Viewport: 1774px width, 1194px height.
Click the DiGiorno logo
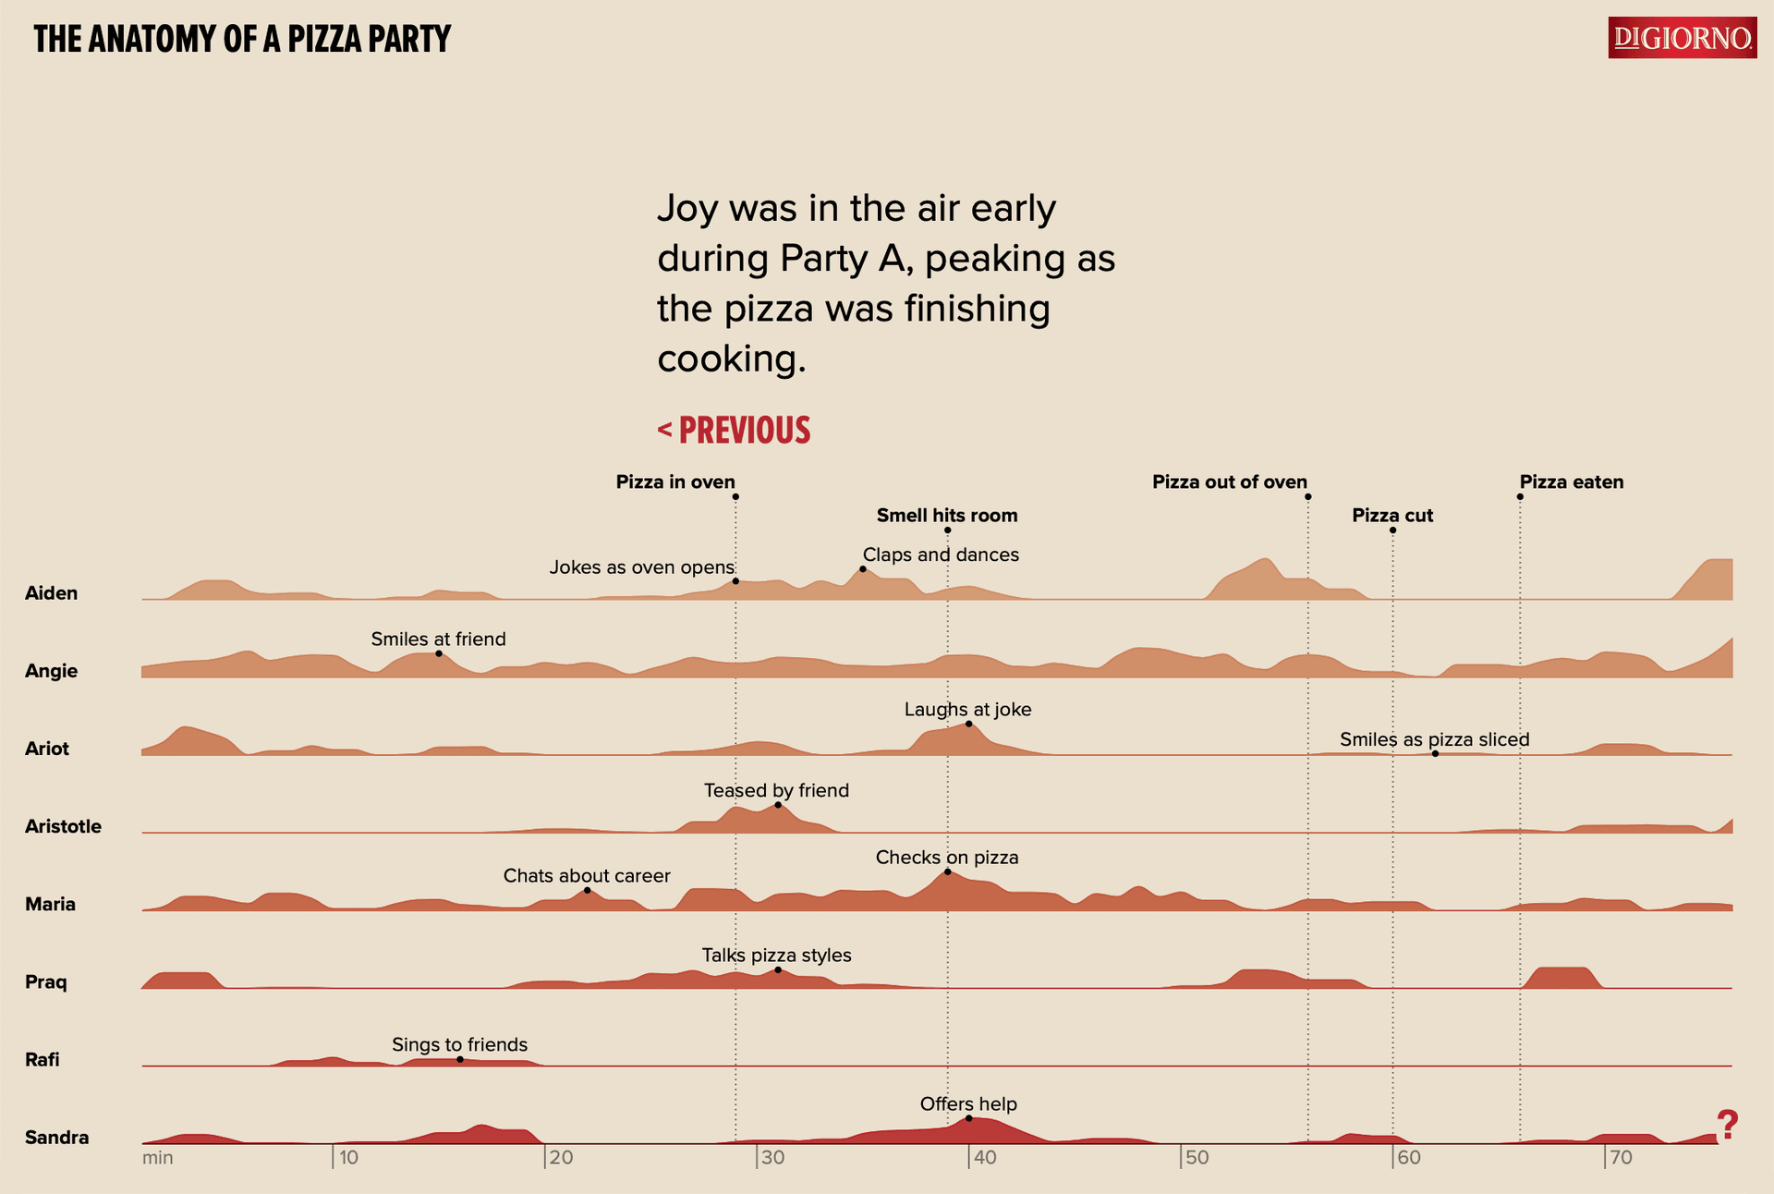[1682, 38]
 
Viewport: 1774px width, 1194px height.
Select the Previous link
[734, 431]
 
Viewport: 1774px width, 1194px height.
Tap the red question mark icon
[1727, 1125]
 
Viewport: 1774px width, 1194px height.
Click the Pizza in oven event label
[675, 481]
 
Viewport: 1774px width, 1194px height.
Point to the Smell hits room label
[947, 515]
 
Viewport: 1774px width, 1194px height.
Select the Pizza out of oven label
[1230, 481]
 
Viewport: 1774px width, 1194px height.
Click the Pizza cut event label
[1392, 515]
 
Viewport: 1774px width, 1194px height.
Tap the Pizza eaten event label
[1572, 481]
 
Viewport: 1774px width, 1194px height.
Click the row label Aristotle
[63, 826]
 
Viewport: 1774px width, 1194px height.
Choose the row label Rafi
[43, 1059]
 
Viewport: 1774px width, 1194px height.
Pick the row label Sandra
[57, 1137]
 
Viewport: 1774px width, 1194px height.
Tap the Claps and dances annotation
[941, 554]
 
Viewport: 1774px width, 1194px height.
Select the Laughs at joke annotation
[967, 709]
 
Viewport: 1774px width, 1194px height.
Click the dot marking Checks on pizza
[947, 871]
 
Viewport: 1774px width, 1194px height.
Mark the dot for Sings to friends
[460, 1059]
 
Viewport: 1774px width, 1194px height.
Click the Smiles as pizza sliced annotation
[1435, 739]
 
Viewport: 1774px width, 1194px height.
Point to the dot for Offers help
[968, 1118]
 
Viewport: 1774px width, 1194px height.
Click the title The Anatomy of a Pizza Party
[242, 39]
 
